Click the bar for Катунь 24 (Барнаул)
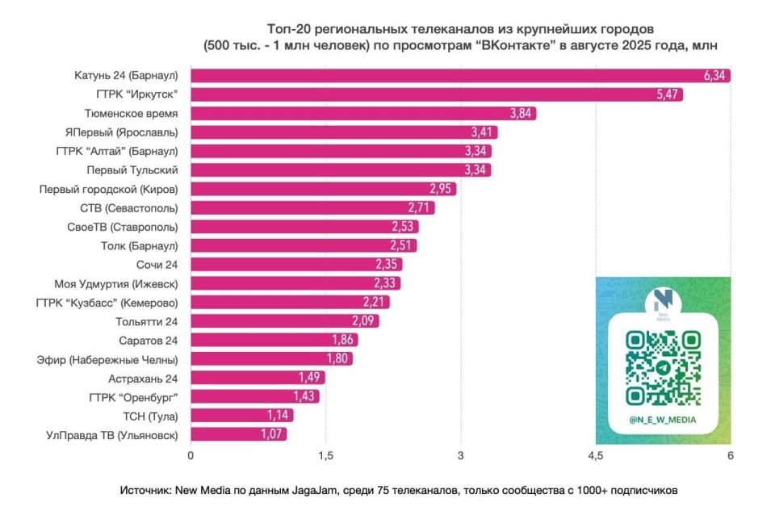(460, 76)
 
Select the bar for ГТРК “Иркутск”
(436, 94)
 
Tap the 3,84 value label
(522, 114)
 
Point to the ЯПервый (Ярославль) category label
(122, 132)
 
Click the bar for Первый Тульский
(339, 170)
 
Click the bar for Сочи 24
(295, 265)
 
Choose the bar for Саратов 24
(273, 340)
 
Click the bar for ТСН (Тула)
(241, 416)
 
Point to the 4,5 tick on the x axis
(595, 456)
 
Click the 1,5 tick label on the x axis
(325, 456)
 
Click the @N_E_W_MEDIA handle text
(663, 420)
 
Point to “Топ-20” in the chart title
(287, 30)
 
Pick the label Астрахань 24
(143, 378)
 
